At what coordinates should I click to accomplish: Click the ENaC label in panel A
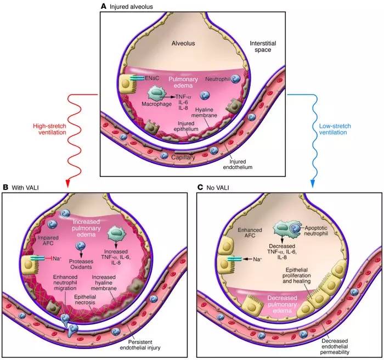click(x=152, y=78)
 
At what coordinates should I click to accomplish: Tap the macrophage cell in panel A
click(x=156, y=94)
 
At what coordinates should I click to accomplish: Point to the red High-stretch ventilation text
click(x=50, y=129)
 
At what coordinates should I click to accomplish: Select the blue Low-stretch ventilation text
click(x=335, y=129)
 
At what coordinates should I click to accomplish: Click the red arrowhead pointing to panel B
click(x=68, y=183)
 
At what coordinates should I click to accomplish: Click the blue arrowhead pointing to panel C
click(x=313, y=183)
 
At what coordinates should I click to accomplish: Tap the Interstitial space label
click(x=263, y=47)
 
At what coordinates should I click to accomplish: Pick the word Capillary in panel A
click(x=183, y=157)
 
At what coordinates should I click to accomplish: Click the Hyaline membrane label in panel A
click(x=204, y=113)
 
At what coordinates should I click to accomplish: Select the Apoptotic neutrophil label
click(x=316, y=230)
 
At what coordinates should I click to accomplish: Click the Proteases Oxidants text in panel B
click(x=81, y=264)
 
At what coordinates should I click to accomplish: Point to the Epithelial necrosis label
click(x=85, y=300)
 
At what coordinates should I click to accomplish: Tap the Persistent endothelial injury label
click(x=140, y=345)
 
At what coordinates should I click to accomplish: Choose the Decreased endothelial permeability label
click(x=335, y=346)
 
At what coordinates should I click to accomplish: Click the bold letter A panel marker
click(x=104, y=7)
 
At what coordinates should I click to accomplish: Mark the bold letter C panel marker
click(x=200, y=188)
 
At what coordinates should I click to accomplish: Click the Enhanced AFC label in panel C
click(x=250, y=233)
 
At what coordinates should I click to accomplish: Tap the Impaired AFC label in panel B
click(x=48, y=240)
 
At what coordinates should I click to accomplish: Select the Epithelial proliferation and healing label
click(x=297, y=275)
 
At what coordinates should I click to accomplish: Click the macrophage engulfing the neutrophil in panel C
click(x=281, y=228)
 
